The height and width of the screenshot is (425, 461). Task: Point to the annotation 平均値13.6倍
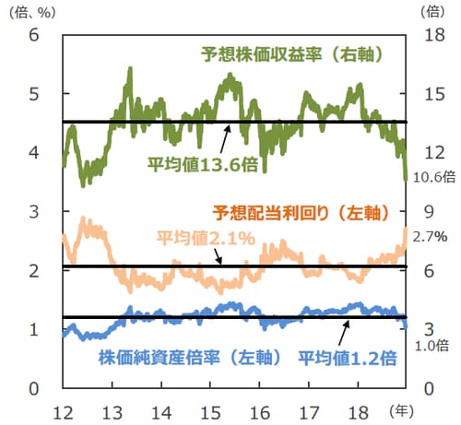pyautogui.click(x=202, y=165)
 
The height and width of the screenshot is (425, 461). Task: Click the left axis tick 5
pyautogui.click(x=35, y=94)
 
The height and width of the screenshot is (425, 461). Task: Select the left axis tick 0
pyautogui.click(x=35, y=388)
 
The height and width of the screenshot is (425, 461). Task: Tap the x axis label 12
pyautogui.click(x=65, y=409)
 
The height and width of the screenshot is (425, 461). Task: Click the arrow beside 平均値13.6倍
pyautogui.click(x=224, y=137)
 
